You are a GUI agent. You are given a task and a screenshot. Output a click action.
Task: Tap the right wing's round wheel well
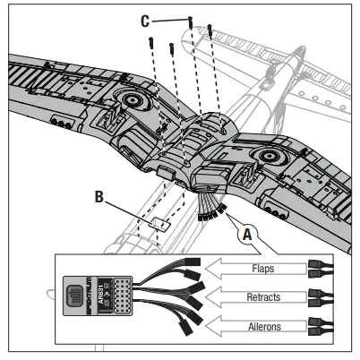pos(265,159)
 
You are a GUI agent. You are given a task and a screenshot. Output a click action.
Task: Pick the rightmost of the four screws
pos(210,30)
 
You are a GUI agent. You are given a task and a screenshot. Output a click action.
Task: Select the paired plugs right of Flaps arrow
pos(320,267)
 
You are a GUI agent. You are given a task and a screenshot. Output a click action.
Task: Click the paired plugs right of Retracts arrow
pos(320,296)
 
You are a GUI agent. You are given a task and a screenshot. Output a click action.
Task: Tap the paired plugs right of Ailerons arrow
pos(320,326)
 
